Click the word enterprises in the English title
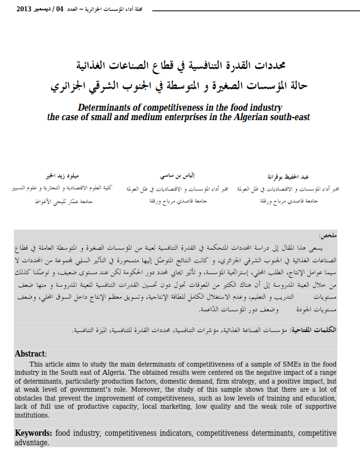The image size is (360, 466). pyautogui.click(x=178, y=116)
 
